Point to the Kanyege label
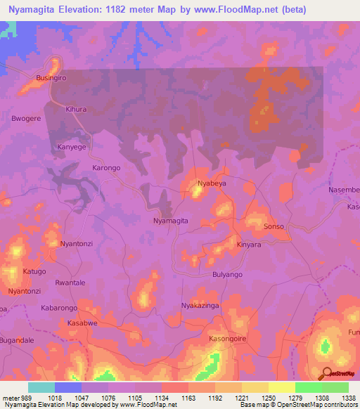(x=71, y=147)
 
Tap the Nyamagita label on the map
(x=170, y=220)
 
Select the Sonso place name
(x=274, y=227)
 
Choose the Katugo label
(x=34, y=271)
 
